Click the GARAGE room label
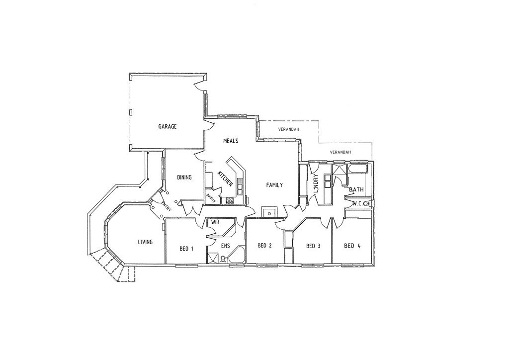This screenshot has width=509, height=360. click(x=168, y=127)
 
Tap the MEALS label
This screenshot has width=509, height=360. click(x=231, y=141)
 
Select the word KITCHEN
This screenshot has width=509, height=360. click(x=225, y=179)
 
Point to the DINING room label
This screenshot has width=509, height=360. click(x=184, y=177)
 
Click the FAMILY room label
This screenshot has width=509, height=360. click(x=274, y=185)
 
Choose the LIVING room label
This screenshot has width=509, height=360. click(x=145, y=242)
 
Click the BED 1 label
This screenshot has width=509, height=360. click(x=186, y=248)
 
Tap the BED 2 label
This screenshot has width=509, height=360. click(x=265, y=245)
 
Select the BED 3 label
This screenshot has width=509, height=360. click(x=313, y=246)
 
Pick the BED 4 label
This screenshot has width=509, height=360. click(x=352, y=245)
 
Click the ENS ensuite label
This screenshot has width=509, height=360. click(x=226, y=246)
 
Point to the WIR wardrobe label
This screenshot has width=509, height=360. click(x=216, y=222)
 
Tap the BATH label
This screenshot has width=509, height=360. click(x=356, y=190)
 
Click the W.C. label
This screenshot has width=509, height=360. click(x=357, y=204)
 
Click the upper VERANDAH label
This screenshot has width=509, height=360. click(x=288, y=129)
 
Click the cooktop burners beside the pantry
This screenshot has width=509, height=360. click(x=230, y=201)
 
